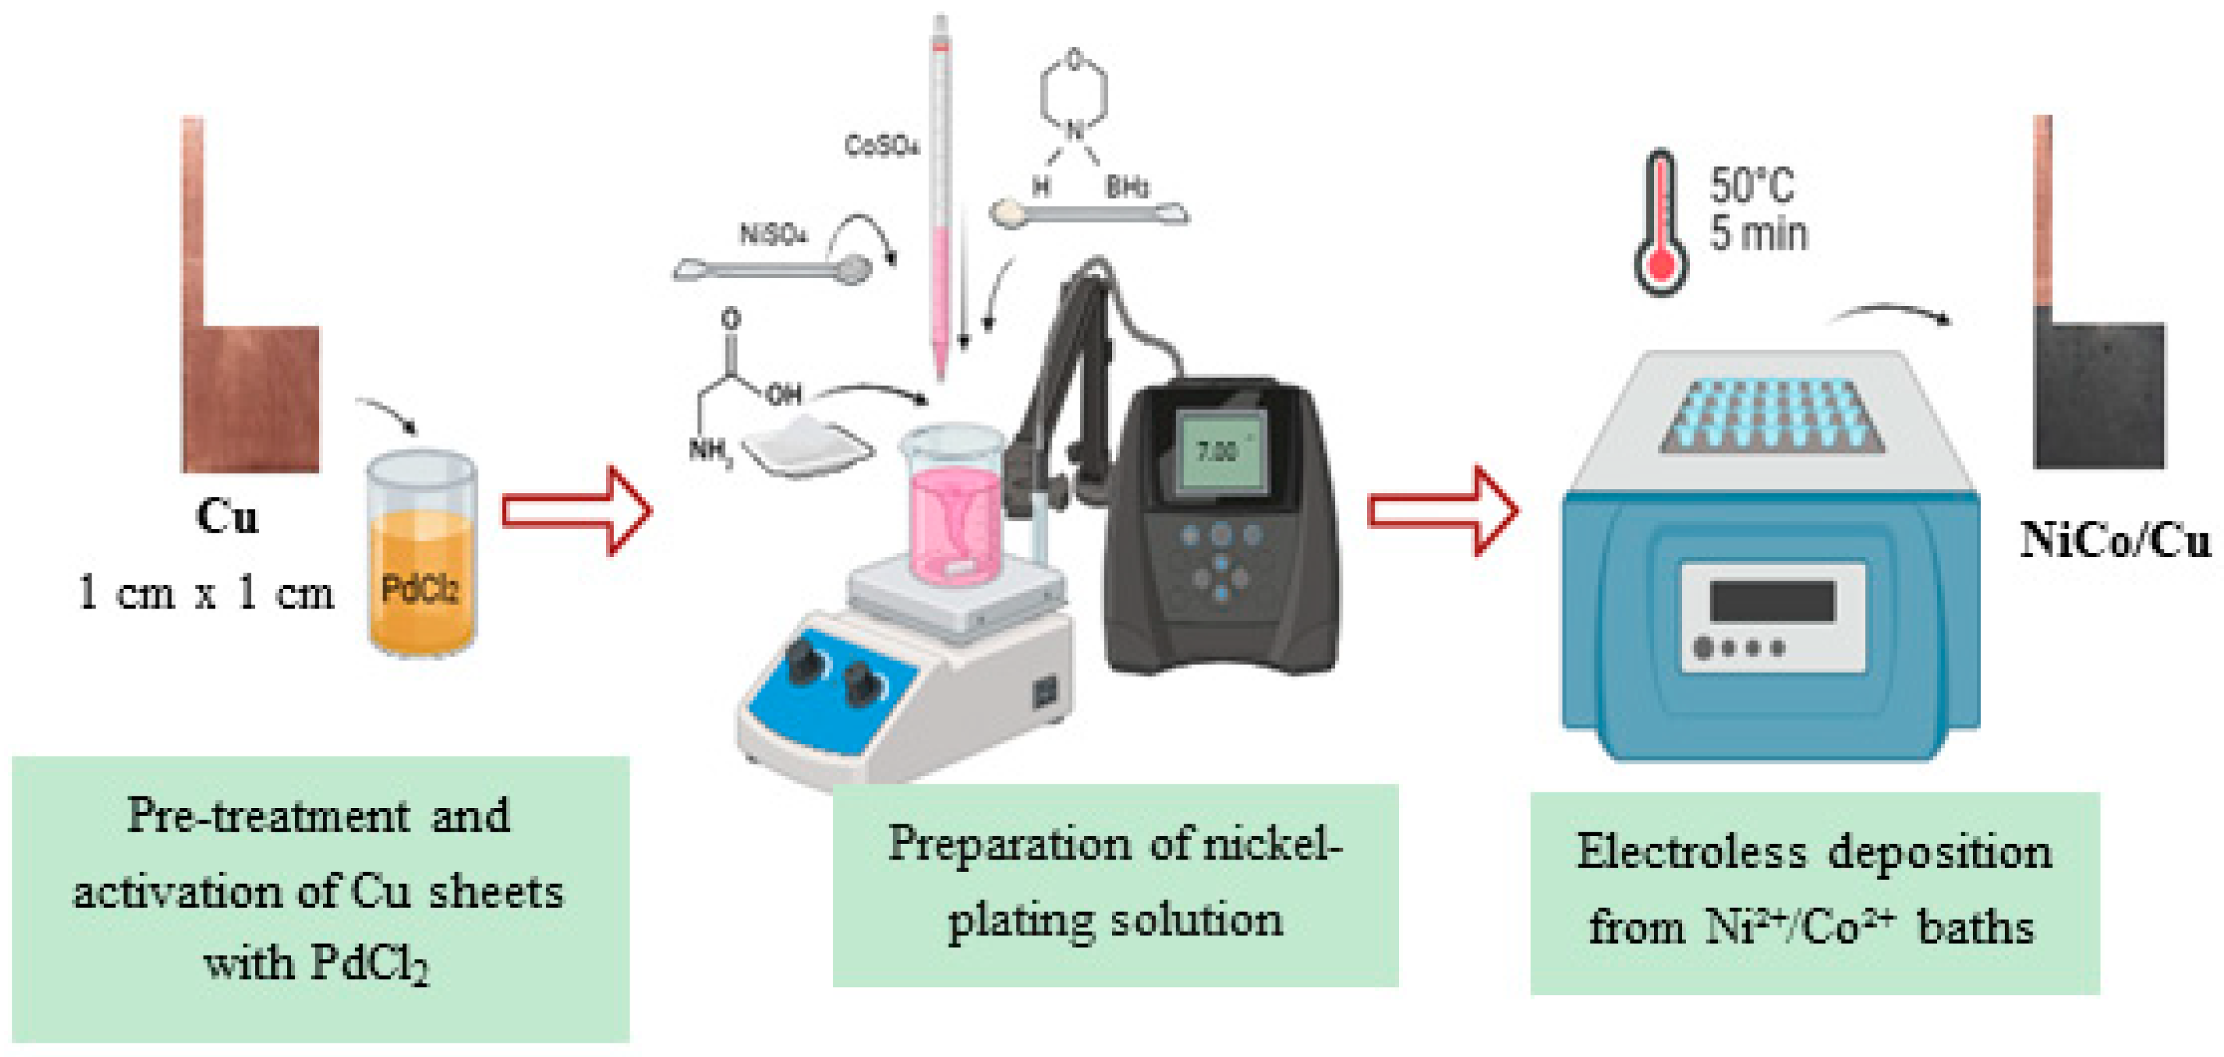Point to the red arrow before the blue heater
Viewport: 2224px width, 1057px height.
1442,512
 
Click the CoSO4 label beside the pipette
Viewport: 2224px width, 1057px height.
881,146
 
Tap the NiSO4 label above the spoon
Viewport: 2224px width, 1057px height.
773,234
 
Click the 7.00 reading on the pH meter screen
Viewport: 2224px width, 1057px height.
1216,450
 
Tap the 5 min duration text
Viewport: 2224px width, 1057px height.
1759,234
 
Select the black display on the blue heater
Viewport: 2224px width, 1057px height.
1771,600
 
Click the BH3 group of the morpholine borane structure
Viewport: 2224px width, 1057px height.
1127,187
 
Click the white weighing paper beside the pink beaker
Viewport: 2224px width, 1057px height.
807,446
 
